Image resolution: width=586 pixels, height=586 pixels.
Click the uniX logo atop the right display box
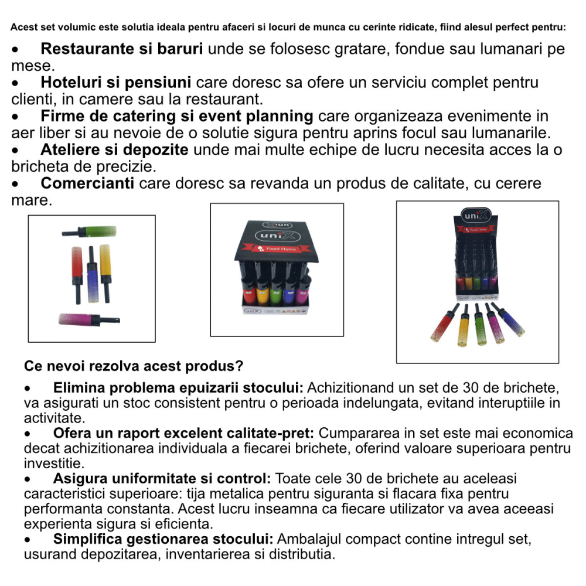(476, 215)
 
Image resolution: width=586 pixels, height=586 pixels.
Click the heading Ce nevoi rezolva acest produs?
(134, 366)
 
